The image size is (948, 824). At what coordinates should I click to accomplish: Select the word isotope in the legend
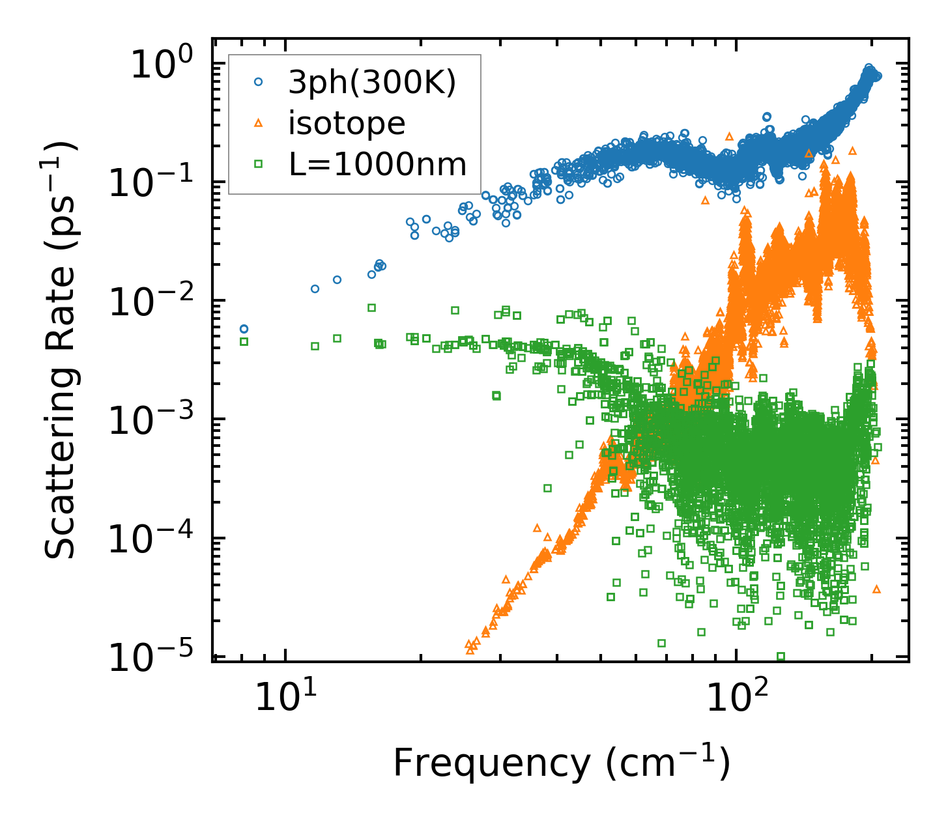[347, 123]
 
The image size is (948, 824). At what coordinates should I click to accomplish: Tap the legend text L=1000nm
[377, 164]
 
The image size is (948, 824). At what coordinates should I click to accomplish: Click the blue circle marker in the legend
[258, 83]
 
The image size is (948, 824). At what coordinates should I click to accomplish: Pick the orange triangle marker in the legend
[258, 123]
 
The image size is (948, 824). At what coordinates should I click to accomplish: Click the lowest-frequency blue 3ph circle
[244, 329]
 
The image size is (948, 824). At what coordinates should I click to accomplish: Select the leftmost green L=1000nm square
[244, 341]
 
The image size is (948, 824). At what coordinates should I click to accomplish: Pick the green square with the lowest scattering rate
[781, 656]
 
